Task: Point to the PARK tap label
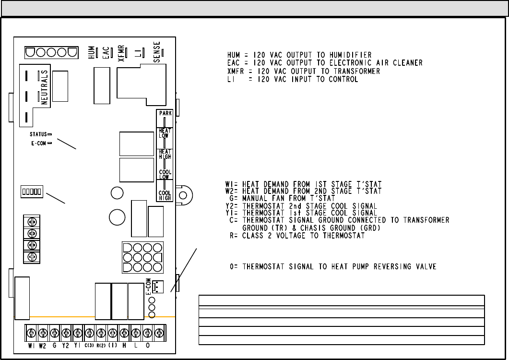click(166, 113)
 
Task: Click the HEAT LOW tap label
click(165, 133)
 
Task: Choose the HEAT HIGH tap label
click(165, 154)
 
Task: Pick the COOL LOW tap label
click(165, 174)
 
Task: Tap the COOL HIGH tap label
click(165, 195)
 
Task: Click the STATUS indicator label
click(38, 134)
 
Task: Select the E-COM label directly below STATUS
click(38, 143)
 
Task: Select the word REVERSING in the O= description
click(391, 266)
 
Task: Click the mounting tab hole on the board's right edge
click(184, 195)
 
